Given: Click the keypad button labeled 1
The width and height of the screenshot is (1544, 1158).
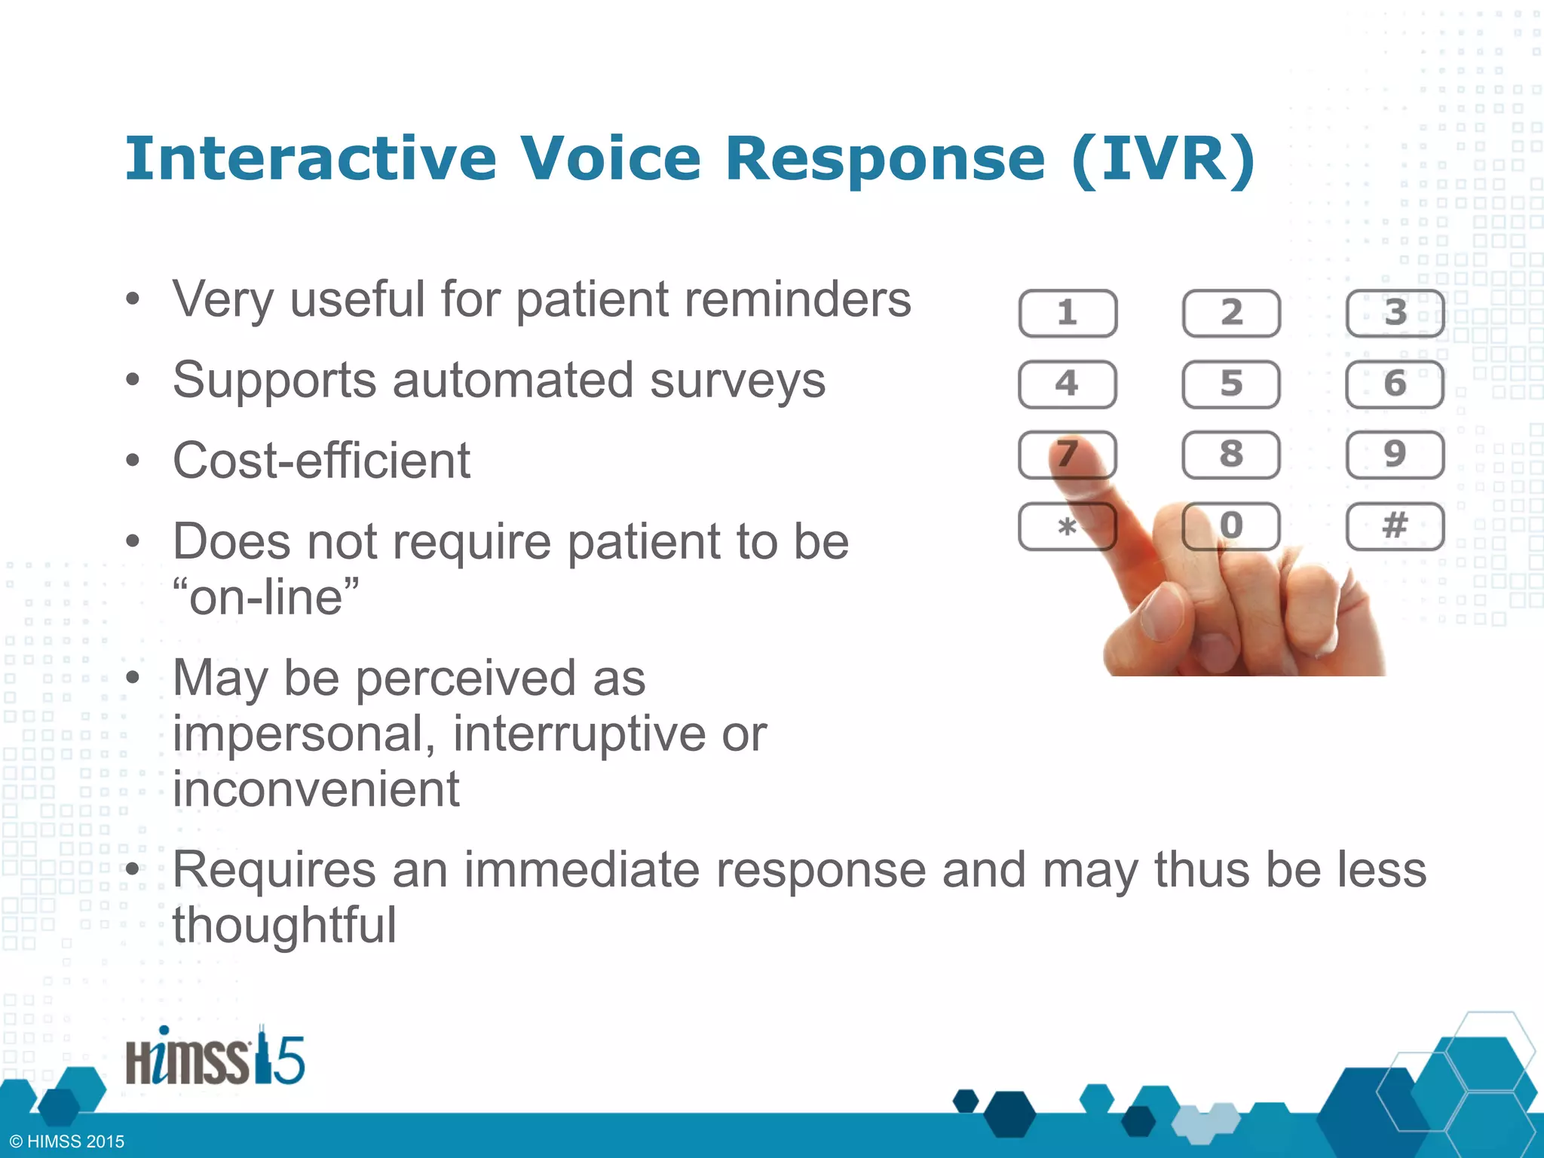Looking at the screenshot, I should click(x=1067, y=313).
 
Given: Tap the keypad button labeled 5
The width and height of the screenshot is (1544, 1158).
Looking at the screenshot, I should click(x=1230, y=384).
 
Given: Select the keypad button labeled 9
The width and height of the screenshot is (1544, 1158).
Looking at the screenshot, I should click(x=1395, y=455).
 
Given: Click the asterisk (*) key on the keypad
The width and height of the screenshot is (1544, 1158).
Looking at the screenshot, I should click(x=1067, y=526).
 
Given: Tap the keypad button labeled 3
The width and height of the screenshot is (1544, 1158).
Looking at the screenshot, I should click(x=1395, y=313).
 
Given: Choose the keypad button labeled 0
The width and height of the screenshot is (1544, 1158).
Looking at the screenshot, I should click(x=1230, y=525).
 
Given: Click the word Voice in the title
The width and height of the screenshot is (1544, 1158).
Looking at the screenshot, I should click(x=611, y=159).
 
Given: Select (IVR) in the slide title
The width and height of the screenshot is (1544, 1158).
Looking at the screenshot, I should click(x=1163, y=159).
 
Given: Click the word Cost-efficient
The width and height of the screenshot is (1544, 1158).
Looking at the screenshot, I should click(x=321, y=461).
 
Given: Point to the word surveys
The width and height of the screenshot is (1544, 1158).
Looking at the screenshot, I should click(x=737, y=380).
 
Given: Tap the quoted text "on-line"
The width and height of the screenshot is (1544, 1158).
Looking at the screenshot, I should click(x=265, y=597).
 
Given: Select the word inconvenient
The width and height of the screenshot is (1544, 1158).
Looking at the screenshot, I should click(x=316, y=789).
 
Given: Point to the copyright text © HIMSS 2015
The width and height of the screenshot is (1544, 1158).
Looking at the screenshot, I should click(x=67, y=1141).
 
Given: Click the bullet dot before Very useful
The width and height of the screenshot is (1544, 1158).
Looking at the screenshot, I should click(x=133, y=300).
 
